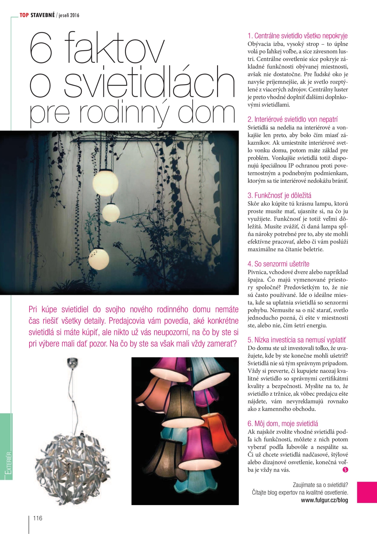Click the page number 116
point(38,518)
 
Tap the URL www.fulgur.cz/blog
point(324,500)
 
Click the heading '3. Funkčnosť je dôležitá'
point(279,195)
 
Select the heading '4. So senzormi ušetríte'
point(278,264)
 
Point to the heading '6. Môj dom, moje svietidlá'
point(283,424)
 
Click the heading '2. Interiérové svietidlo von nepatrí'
point(292,119)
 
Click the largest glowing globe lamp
point(105,183)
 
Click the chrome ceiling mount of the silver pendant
point(73,362)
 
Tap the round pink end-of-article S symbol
point(345,469)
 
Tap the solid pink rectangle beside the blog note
point(367,492)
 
